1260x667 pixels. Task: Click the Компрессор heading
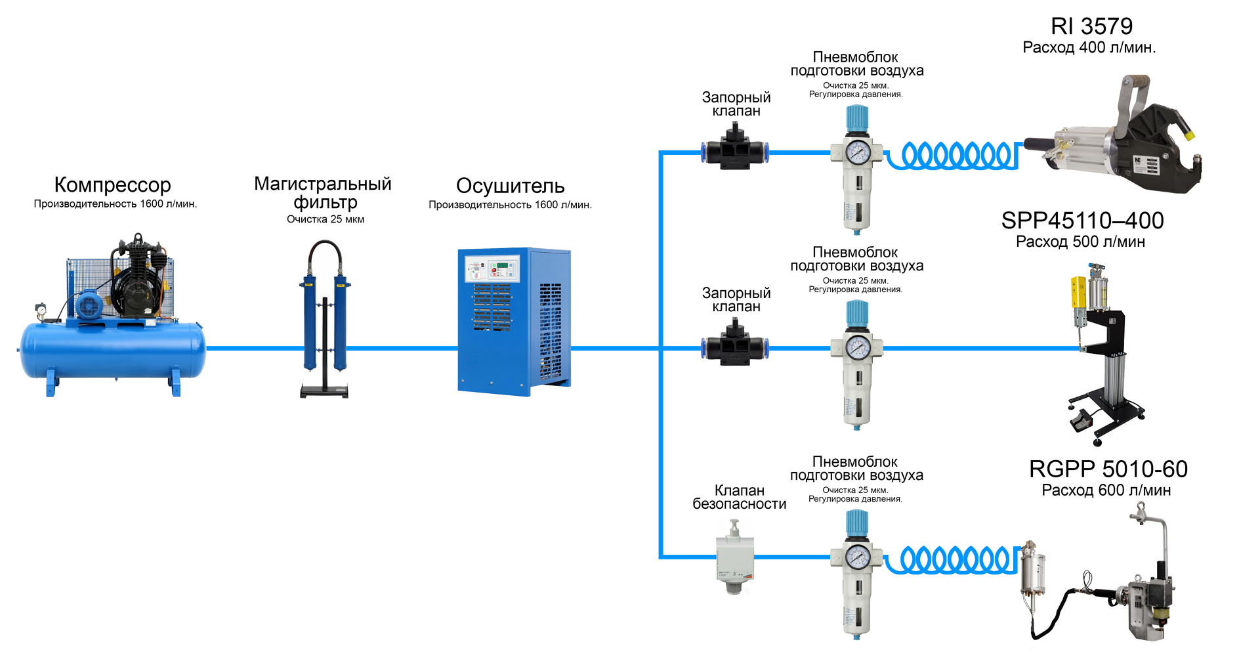[x=112, y=185]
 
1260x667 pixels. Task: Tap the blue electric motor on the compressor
[x=88, y=305]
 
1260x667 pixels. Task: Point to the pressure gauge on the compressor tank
[x=41, y=309]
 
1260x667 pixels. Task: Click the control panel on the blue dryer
[x=492, y=269]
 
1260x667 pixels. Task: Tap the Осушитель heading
[x=510, y=186]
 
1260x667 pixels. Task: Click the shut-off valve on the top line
[x=735, y=150]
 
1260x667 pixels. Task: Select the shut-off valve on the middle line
[x=735, y=346]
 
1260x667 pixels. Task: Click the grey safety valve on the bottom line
[x=735, y=558]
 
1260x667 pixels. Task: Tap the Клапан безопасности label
[x=740, y=497]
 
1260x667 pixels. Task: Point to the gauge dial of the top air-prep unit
[x=857, y=152]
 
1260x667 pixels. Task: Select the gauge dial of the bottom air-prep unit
[x=857, y=557]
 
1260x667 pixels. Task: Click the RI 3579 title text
[x=1091, y=26]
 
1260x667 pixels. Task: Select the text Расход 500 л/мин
[x=1080, y=242]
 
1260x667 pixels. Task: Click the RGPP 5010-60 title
[x=1108, y=469]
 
